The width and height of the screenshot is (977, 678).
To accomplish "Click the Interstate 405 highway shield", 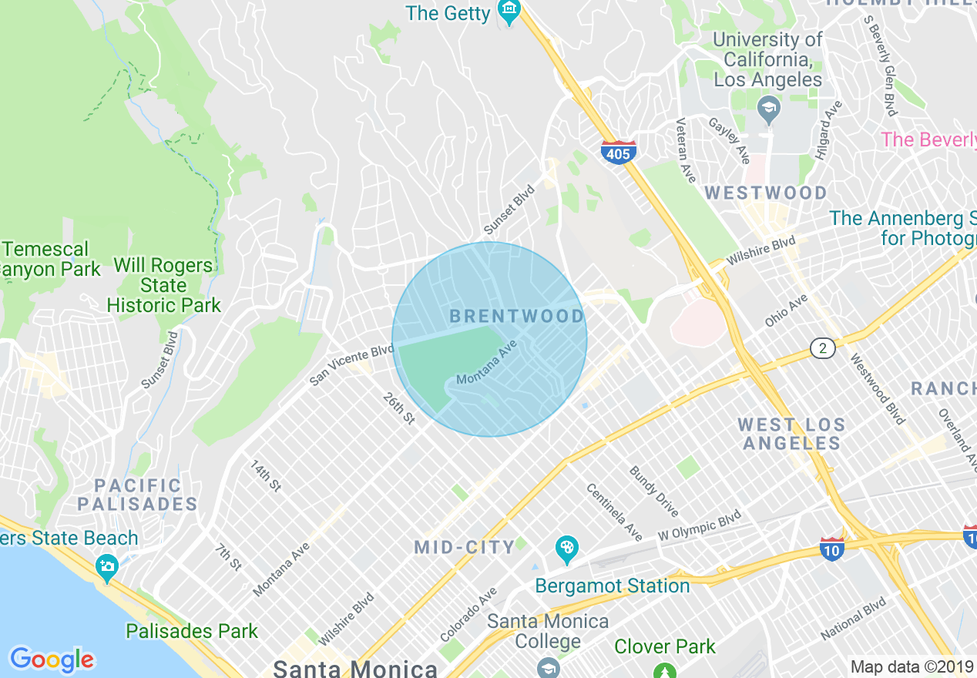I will point(618,153).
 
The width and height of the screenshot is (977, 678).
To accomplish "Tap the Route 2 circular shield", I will point(823,349).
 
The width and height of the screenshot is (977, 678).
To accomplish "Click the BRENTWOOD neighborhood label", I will point(516,316).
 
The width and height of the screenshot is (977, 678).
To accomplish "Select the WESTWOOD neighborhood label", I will point(766,193).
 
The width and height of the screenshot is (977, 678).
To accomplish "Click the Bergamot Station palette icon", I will point(566,549).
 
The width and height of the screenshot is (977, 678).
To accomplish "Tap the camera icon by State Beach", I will point(106,568).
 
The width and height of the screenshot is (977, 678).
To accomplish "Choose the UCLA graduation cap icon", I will point(767,110).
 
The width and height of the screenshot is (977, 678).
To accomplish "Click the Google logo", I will point(52,660).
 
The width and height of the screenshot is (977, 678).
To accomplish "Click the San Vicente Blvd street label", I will point(351,365).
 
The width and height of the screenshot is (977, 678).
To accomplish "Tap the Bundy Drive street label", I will point(653,492).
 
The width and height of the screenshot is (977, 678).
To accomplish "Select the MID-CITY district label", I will point(465,548).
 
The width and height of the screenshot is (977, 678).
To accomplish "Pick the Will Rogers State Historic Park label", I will point(163,285).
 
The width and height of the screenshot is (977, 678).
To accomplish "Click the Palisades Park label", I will point(192,632).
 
